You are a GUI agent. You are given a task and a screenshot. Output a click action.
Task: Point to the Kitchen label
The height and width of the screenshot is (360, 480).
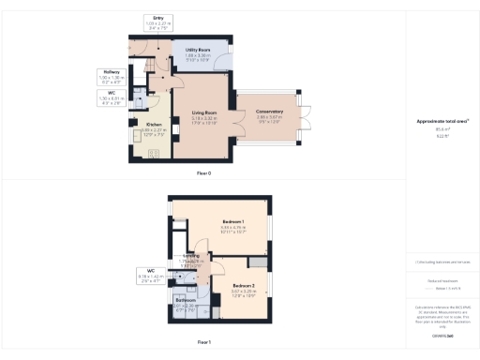pyautogui.click(x=156, y=124)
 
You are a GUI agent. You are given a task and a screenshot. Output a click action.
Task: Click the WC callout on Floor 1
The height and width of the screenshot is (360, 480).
pyautogui.click(x=151, y=275)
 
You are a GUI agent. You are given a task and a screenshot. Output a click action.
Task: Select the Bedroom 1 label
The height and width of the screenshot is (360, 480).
pyautogui.click(x=232, y=222)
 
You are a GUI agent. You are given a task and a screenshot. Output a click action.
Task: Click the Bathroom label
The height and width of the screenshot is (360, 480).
pyautogui.click(x=186, y=301)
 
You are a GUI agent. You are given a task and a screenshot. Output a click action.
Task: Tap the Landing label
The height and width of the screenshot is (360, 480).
pyautogui.click(x=191, y=256)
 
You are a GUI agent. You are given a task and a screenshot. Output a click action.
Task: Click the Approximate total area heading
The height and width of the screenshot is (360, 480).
pyautogui.click(x=442, y=121)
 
